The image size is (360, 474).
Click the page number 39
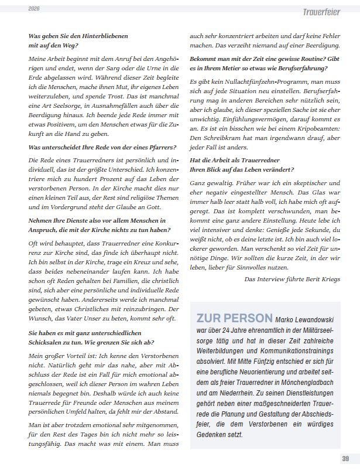coord(345,458)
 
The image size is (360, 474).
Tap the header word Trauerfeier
coord(322,12)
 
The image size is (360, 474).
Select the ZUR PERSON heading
coord(234,318)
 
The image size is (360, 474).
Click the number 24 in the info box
coord(234,332)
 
